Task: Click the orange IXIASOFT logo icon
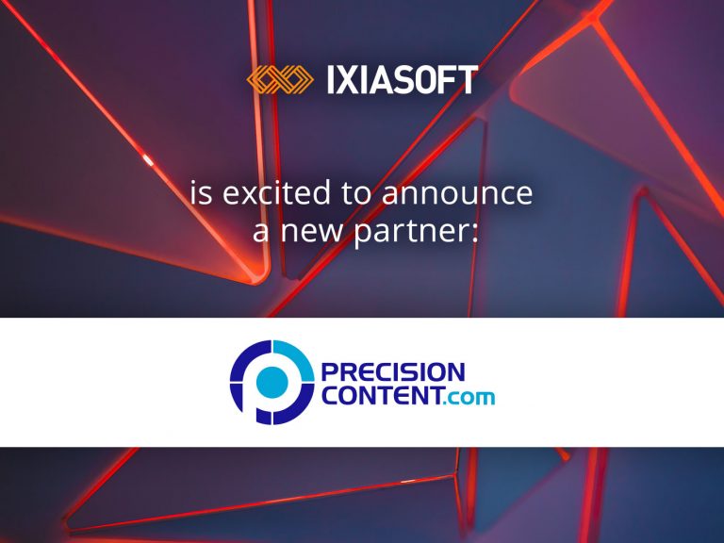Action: point(280,79)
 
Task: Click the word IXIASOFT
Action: point(403,79)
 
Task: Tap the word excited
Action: point(276,192)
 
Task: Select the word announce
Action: point(457,194)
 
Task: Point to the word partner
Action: point(410,231)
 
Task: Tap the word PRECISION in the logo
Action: point(393,371)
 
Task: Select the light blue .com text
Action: point(469,397)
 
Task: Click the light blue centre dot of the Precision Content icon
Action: point(271,382)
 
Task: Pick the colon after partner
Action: point(475,232)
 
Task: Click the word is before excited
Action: point(202,192)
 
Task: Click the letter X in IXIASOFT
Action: point(349,79)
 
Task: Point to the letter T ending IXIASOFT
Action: point(469,79)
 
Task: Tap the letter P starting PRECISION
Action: point(329,371)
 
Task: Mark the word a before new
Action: point(260,232)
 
